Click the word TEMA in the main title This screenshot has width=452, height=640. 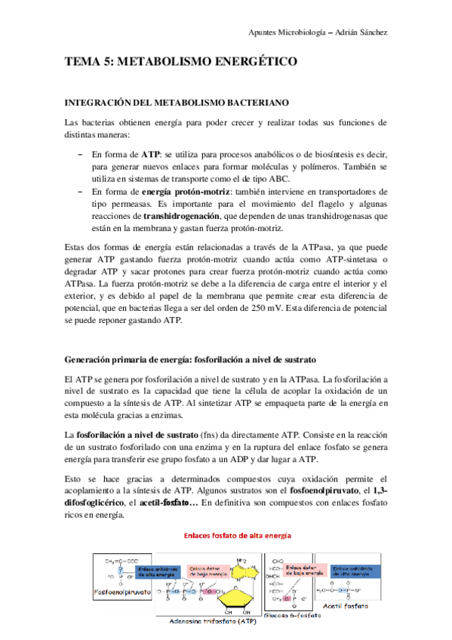(83, 63)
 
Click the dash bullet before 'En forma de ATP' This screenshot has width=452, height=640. (81, 153)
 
